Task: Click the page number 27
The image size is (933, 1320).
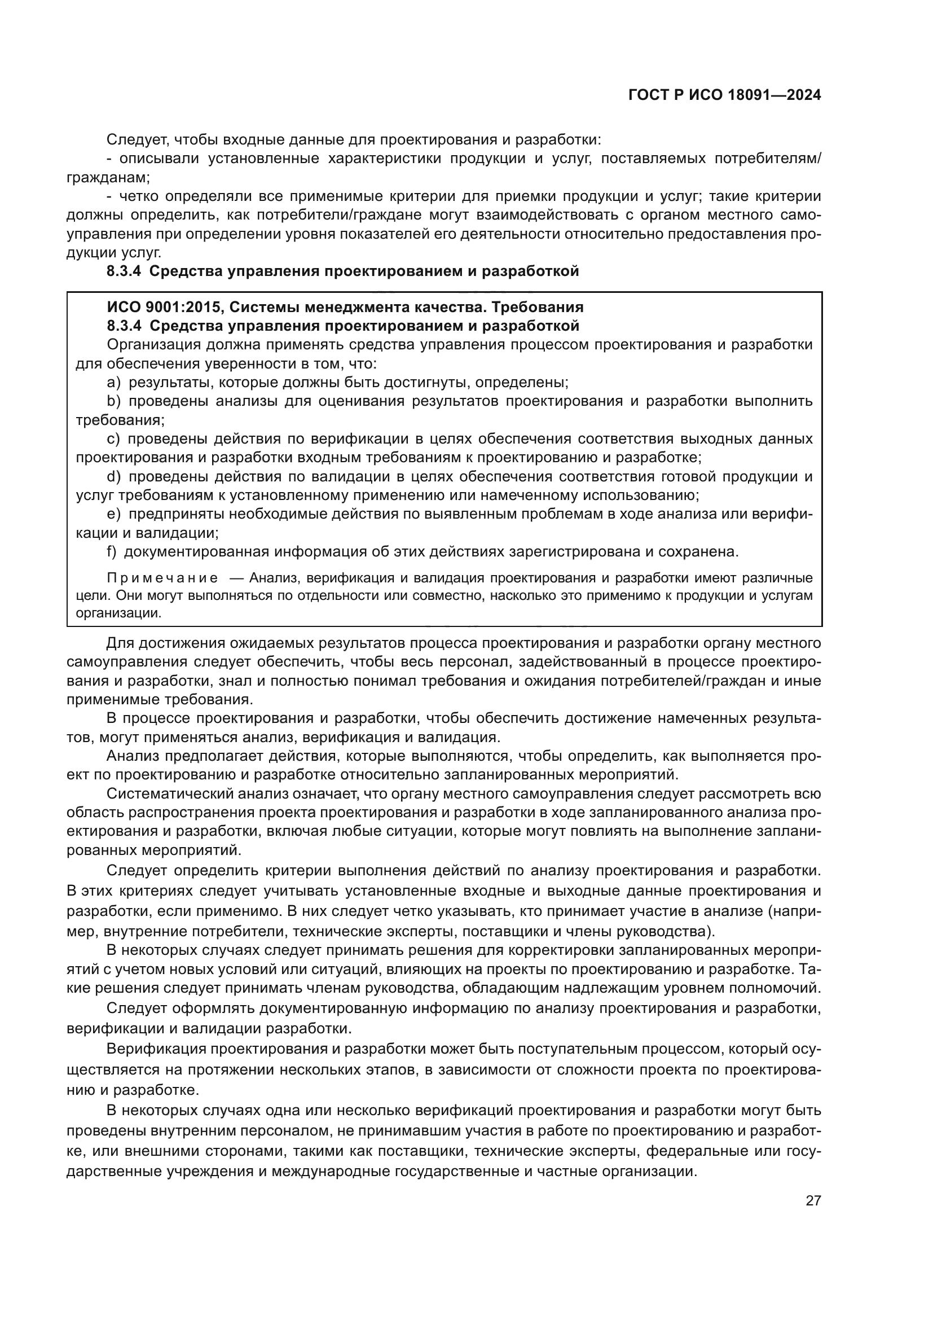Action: [x=813, y=1200]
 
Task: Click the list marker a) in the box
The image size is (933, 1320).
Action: [x=115, y=382]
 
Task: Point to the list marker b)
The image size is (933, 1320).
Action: [x=115, y=401]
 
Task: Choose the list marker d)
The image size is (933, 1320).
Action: [x=115, y=477]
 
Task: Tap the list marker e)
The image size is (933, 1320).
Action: [x=115, y=514]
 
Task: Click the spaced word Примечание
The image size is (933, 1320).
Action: [x=162, y=578]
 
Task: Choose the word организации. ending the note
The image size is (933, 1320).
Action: [x=119, y=613]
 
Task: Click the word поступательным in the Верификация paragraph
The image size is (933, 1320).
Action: [x=578, y=1049]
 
